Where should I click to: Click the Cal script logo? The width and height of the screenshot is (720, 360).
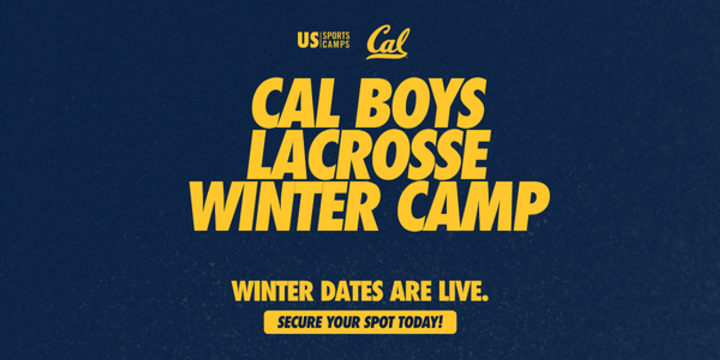(x=388, y=44)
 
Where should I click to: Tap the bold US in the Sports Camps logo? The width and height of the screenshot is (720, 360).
(x=308, y=41)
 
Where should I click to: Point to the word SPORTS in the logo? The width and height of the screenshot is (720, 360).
(x=336, y=36)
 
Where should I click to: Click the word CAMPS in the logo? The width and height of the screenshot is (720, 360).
(x=336, y=45)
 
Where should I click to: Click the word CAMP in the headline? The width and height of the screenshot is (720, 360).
(x=472, y=206)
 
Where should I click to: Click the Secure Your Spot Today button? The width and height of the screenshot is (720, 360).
(x=360, y=322)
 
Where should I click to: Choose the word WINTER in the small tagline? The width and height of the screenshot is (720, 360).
(x=273, y=291)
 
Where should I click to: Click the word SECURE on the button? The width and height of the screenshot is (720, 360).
(x=300, y=322)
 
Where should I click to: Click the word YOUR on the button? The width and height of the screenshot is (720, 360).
(x=343, y=322)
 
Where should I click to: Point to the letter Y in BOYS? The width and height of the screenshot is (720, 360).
(x=440, y=103)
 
